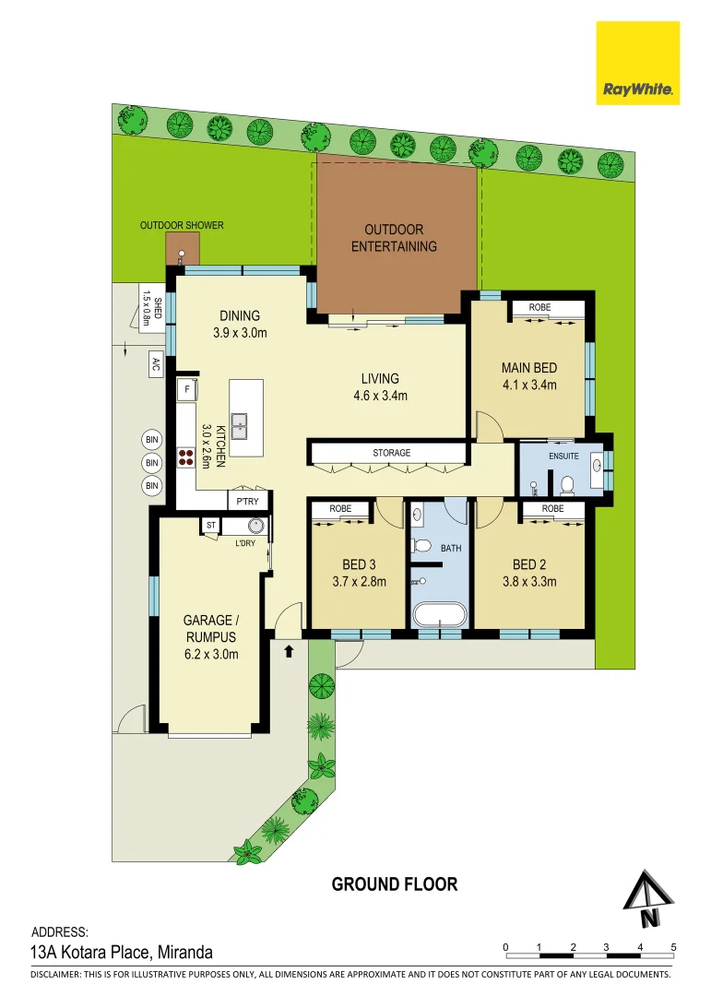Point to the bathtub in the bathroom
[438, 615]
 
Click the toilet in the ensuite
[565, 482]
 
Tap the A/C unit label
[155, 364]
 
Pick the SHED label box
[152, 307]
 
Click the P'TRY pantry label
[248, 501]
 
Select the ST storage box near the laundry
[210, 525]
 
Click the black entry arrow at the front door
[289, 651]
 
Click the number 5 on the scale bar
[674, 947]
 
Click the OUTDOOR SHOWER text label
[182, 225]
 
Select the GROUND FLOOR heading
[395, 884]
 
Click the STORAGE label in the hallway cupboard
[391, 453]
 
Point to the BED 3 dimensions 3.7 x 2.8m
[358, 581]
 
